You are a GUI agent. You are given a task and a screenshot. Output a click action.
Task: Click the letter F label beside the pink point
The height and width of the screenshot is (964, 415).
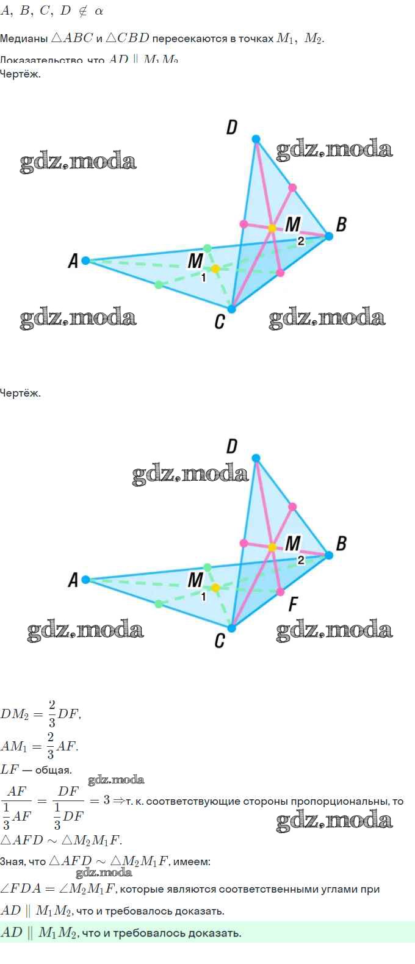point(293,605)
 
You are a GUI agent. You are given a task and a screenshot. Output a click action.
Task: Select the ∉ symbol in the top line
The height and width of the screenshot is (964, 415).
point(82,11)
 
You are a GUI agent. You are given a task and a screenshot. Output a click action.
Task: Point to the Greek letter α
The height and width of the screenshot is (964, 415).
point(99,11)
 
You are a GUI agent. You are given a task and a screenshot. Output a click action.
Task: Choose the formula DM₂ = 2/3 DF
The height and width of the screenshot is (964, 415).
point(40,713)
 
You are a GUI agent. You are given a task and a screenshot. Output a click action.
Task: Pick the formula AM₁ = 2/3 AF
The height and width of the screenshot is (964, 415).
point(39,746)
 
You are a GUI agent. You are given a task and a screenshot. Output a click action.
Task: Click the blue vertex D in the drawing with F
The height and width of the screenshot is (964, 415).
point(256,458)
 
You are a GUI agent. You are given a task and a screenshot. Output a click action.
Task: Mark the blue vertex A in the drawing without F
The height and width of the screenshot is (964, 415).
point(86,261)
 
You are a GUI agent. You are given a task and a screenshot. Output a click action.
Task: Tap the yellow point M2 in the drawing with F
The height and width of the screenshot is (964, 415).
point(272,547)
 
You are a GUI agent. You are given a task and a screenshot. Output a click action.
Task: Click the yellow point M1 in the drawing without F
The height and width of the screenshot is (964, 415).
point(215,268)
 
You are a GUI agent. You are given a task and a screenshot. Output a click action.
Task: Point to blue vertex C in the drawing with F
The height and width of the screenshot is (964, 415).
point(232,628)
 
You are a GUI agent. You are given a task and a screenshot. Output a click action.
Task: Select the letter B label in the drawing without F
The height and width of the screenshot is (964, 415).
point(341,224)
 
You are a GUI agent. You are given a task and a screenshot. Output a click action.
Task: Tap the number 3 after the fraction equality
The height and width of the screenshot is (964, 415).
point(106,799)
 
